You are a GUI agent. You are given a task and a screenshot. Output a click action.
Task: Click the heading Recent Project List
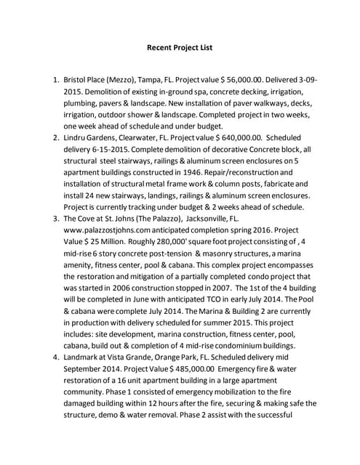click(180, 48)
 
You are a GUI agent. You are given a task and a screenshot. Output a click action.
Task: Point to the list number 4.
click(52, 357)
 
